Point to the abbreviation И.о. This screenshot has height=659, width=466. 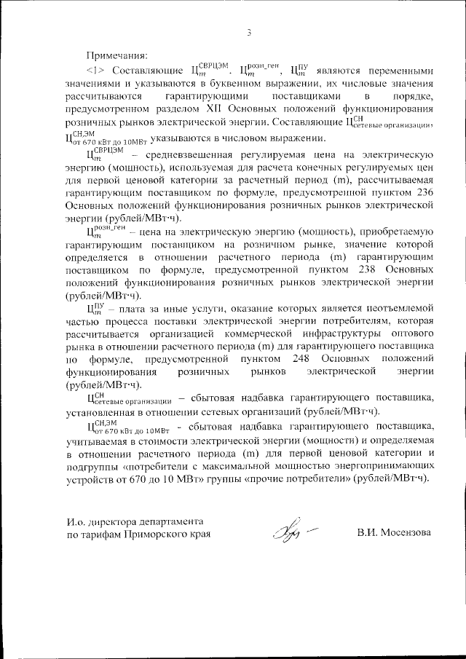(x=76, y=521)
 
